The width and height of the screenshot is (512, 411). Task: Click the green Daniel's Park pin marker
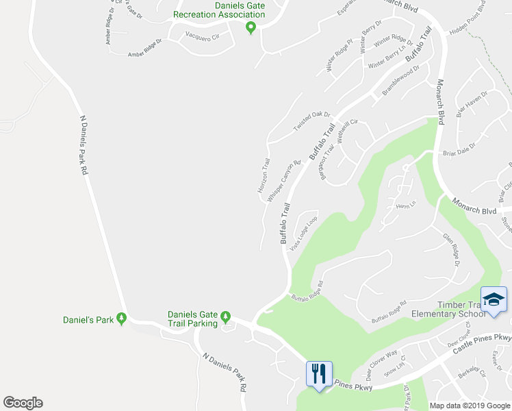pyautogui.click(x=121, y=318)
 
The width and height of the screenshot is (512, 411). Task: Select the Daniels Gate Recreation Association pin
pyautogui.click(x=251, y=27)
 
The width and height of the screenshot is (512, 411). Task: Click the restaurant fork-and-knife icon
pyautogui.click(x=318, y=374)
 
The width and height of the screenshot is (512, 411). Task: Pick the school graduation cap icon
pyautogui.click(x=494, y=299)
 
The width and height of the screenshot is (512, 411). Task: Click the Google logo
pyautogui.click(x=23, y=403)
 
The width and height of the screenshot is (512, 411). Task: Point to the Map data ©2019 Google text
pyautogui.click(x=469, y=406)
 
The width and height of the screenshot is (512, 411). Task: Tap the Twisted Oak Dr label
pyautogui.click(x=312, y=122)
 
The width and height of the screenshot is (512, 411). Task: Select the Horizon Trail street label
pyautogui.click(x=264, y=175)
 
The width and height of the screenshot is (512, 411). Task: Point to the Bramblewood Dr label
pyautogui.click(x=400, y=80)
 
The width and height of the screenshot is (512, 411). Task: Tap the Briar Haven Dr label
pyautogui.click(x=472, y=105)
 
